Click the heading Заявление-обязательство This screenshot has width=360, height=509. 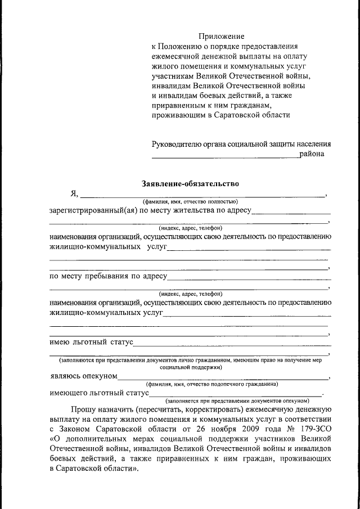[190, 183]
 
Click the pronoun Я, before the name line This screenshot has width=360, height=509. [74, 194]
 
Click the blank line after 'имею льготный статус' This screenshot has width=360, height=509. [231, 343]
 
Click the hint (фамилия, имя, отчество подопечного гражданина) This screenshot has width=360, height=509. [211, 384]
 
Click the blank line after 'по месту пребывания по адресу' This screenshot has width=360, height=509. [249, 277]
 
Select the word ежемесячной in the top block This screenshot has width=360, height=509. [178, 56]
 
